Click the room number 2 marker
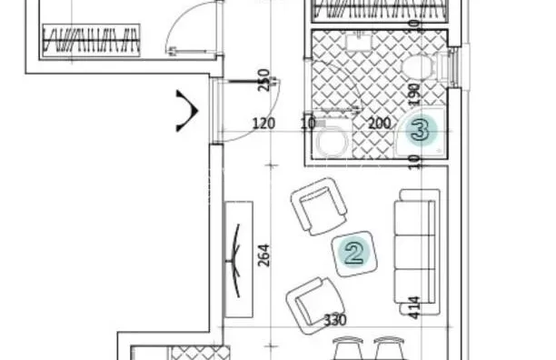(354, 254)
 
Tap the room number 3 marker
(421, 129)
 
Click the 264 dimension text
(263, 255)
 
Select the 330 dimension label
(335, 320)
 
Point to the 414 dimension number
(414, 308)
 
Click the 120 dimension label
(263, 124)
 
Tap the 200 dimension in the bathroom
(380, 124)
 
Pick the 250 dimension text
(263, 80)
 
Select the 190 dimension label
(414, 95)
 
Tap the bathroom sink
(359, 41)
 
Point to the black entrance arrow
(187, 111)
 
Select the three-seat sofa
(417, 252)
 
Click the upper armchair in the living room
(318, 206)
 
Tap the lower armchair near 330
(314, 305)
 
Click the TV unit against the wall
(239, 260)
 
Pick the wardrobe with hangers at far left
(91, 40)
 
